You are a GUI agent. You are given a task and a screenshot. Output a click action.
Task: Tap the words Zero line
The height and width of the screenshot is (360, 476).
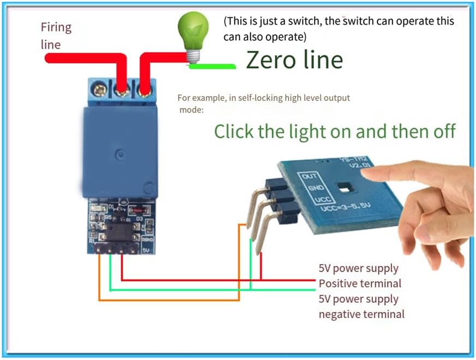tap(294, 59)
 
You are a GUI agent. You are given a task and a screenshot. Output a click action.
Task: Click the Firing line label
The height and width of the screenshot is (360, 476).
tap(56, 35)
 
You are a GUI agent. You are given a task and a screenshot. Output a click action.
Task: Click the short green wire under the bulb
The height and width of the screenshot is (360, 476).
tap(212, 67)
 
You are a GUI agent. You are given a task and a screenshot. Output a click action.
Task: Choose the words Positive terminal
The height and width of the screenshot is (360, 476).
tap(360, 284)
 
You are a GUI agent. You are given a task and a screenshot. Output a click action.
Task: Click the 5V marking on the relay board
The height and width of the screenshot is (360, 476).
tap(146, 250)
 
